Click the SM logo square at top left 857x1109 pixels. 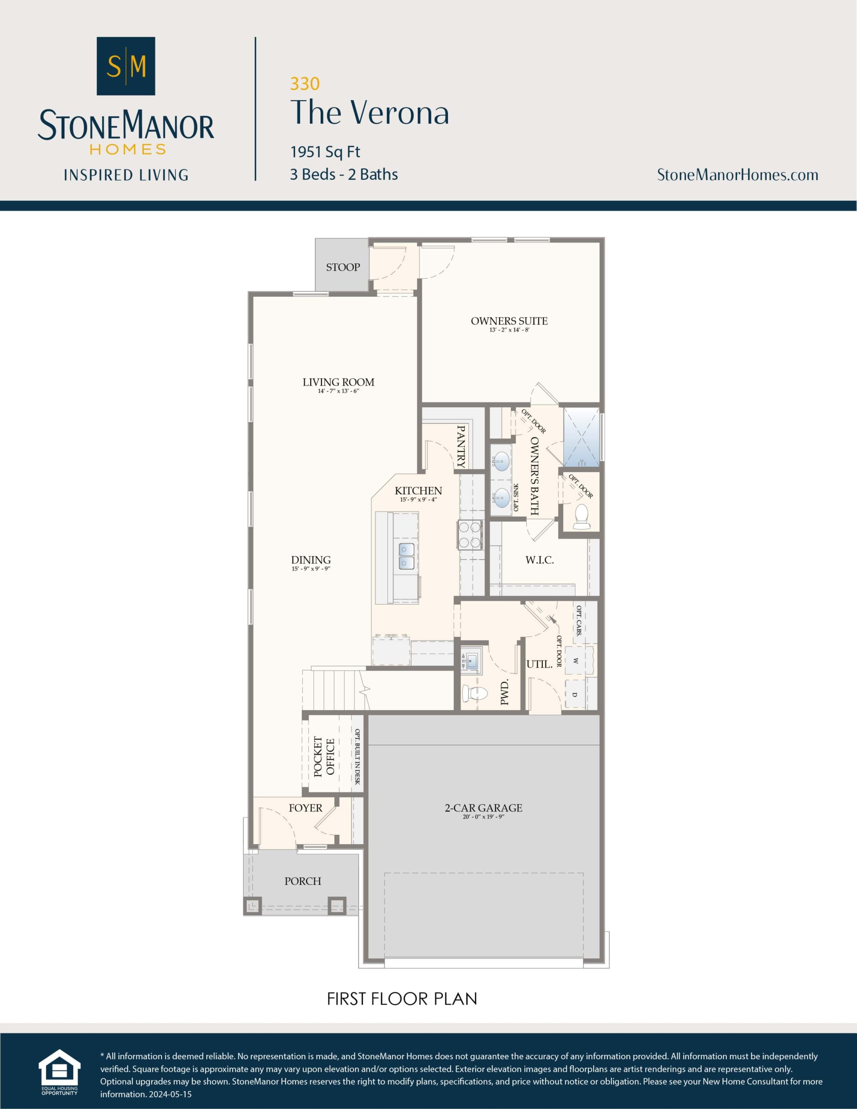click(126, 66)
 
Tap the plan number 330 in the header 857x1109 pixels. click(305, 83)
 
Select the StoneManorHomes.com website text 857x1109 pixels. click(737, 175)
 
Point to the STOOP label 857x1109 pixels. click(343, 267)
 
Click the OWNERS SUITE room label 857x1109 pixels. click(509, 321)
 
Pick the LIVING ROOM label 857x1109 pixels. click(338, 382)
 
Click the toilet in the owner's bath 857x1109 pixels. click(581, 517)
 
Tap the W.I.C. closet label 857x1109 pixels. click(539, 560)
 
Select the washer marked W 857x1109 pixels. click(575, 661)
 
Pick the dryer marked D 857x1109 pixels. click(575, 694)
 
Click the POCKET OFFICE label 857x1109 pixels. click(324, 757)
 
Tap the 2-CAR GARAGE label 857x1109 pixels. click(483, 807)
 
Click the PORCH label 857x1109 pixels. click(303, 881)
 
